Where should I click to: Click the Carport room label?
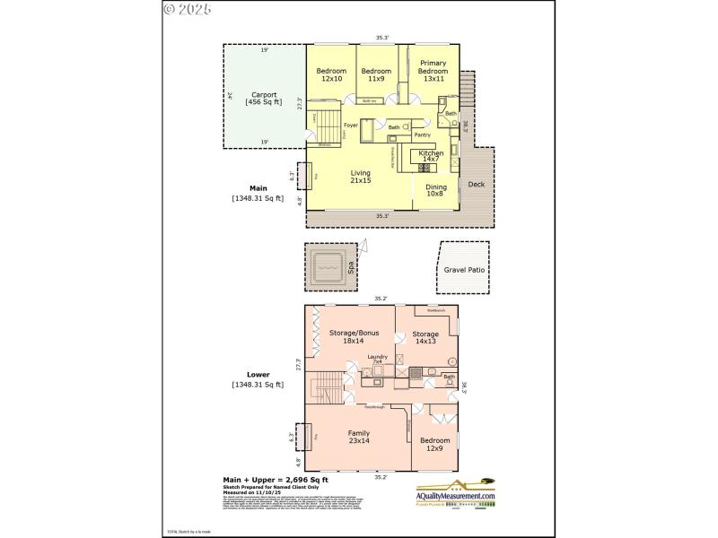[x=264, y=98]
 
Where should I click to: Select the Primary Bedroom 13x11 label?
[x=433, y=71]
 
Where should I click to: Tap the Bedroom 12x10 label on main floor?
[x=331, y=74]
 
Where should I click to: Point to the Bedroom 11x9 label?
[x=375, y=74]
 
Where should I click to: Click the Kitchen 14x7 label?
[x=431, y=156]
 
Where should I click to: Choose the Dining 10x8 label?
[x=435, y=189]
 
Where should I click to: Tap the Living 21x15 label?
[x=361, y=177]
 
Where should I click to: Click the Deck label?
[x=476, y=184]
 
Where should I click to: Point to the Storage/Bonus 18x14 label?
[x=354, y=337]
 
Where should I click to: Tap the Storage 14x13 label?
[x=425, y=337]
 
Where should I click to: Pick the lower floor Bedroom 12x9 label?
[x=435, y=444]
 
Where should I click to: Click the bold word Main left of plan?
[x=257, y=188]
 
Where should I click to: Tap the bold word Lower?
[x=258, y=375]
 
